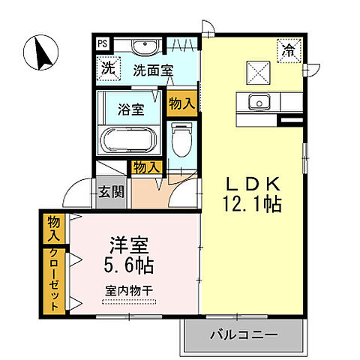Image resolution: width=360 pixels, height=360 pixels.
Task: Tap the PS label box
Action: click(101, 43)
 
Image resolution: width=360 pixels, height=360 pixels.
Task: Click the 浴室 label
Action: click(130, 109)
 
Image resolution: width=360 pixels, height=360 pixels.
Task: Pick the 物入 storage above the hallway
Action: click(146, 168)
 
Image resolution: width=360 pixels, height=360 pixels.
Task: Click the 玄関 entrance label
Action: click(110, 192)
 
